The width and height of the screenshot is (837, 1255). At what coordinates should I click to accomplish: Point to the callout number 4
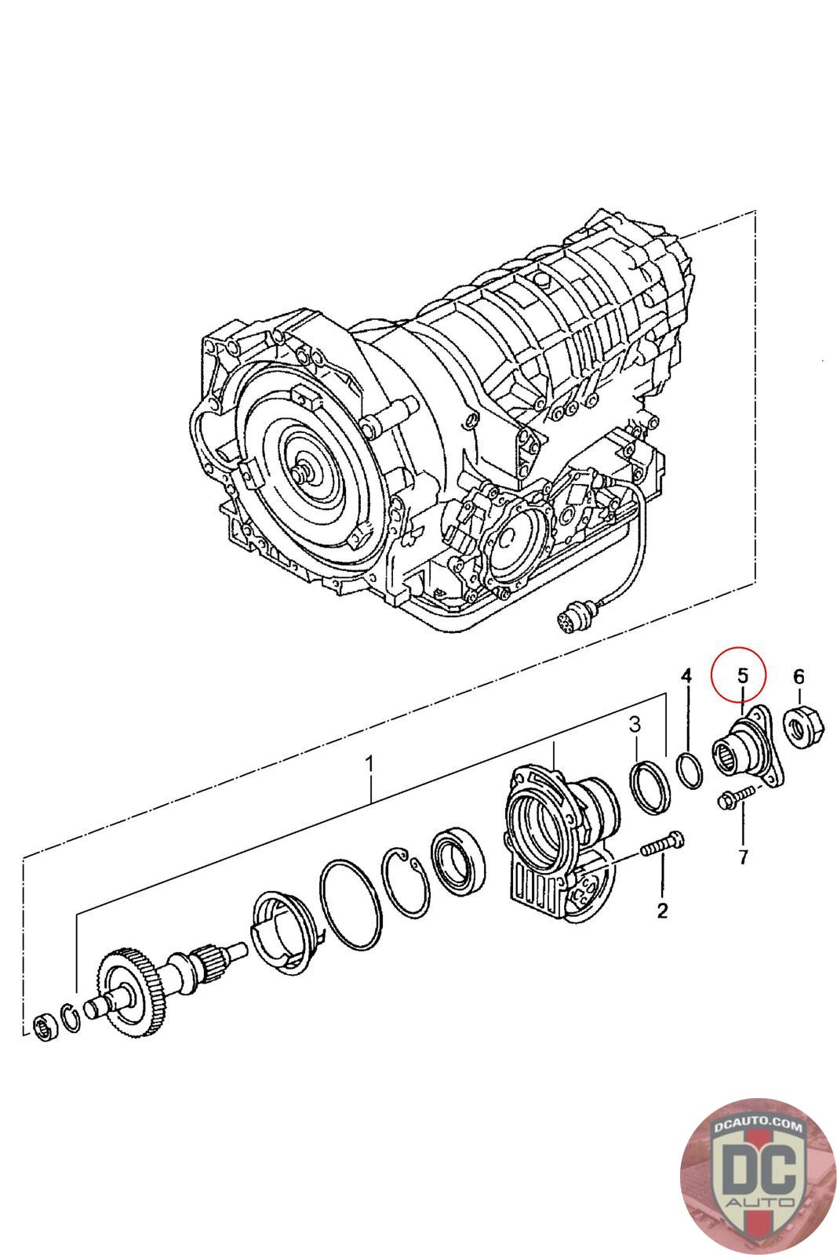[686, 675]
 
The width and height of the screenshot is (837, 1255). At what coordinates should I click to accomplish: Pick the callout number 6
[799, 675]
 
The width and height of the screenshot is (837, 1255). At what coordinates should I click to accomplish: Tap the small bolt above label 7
[734, 801]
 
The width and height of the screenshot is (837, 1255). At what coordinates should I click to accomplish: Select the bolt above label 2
[662, 846]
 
